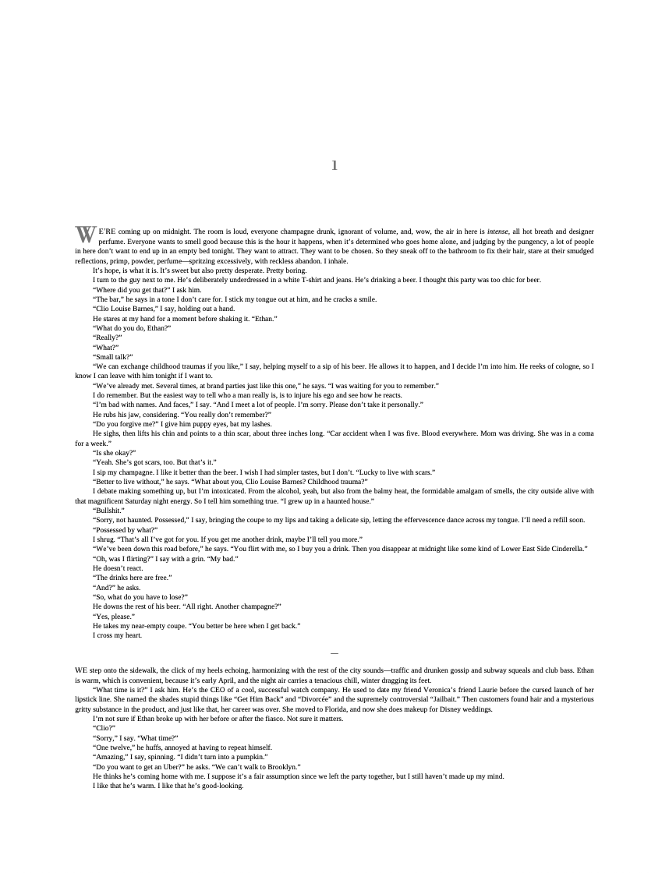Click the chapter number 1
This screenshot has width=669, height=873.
click(x=334, y=165)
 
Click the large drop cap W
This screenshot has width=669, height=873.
click(x=85, y=234)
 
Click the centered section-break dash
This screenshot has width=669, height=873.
click(x=334, y=652)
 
